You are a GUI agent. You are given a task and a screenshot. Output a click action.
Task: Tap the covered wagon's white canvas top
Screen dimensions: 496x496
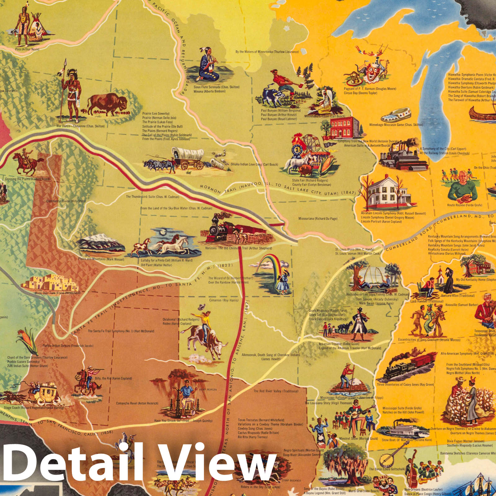pyautogui.click(x=188, y=153)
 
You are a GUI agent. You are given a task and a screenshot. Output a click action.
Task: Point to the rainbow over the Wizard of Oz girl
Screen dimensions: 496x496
pyautogui.click(x=270, y=261)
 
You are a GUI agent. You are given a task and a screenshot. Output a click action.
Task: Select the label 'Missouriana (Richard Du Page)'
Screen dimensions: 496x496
pyautogui.click(x=318, y=219)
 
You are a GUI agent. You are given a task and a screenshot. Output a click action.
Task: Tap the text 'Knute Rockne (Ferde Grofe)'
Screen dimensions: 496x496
pyautogui.click(x=464, y=205)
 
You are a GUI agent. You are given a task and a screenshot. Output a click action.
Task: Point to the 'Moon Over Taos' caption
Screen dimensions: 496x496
pyautogui.click(x=57, y=293)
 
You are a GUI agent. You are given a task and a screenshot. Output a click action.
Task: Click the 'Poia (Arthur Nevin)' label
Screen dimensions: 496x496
pyautogui.click(x=27, y=49)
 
